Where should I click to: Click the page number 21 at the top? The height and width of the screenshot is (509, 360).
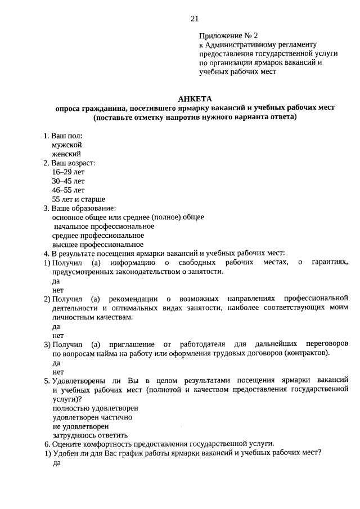(x=195, y=19)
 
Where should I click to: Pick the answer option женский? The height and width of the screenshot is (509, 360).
(x=66, y=154)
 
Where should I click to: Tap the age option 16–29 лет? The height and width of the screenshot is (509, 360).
(x=68, y=172)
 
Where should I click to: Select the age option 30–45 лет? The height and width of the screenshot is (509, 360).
(x=68, y=181)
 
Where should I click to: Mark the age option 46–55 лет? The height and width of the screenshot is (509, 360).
(x=68, y=190)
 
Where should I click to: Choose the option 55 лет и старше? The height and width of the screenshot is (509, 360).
(x=78, y=199)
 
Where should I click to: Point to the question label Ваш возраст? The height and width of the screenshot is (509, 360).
(x=73, y=163)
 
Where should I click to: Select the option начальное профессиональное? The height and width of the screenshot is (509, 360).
(x=103, y=226)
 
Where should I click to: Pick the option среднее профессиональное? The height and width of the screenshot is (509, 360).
(x=98, y=235)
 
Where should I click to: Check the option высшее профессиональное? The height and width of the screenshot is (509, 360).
(x=98, y=244)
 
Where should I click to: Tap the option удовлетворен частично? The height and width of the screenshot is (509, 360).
(x=92, y=417)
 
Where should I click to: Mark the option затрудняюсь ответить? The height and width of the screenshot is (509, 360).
(x=90, y=435)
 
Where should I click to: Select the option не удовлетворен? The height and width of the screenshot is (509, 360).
(x=80, y=426)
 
